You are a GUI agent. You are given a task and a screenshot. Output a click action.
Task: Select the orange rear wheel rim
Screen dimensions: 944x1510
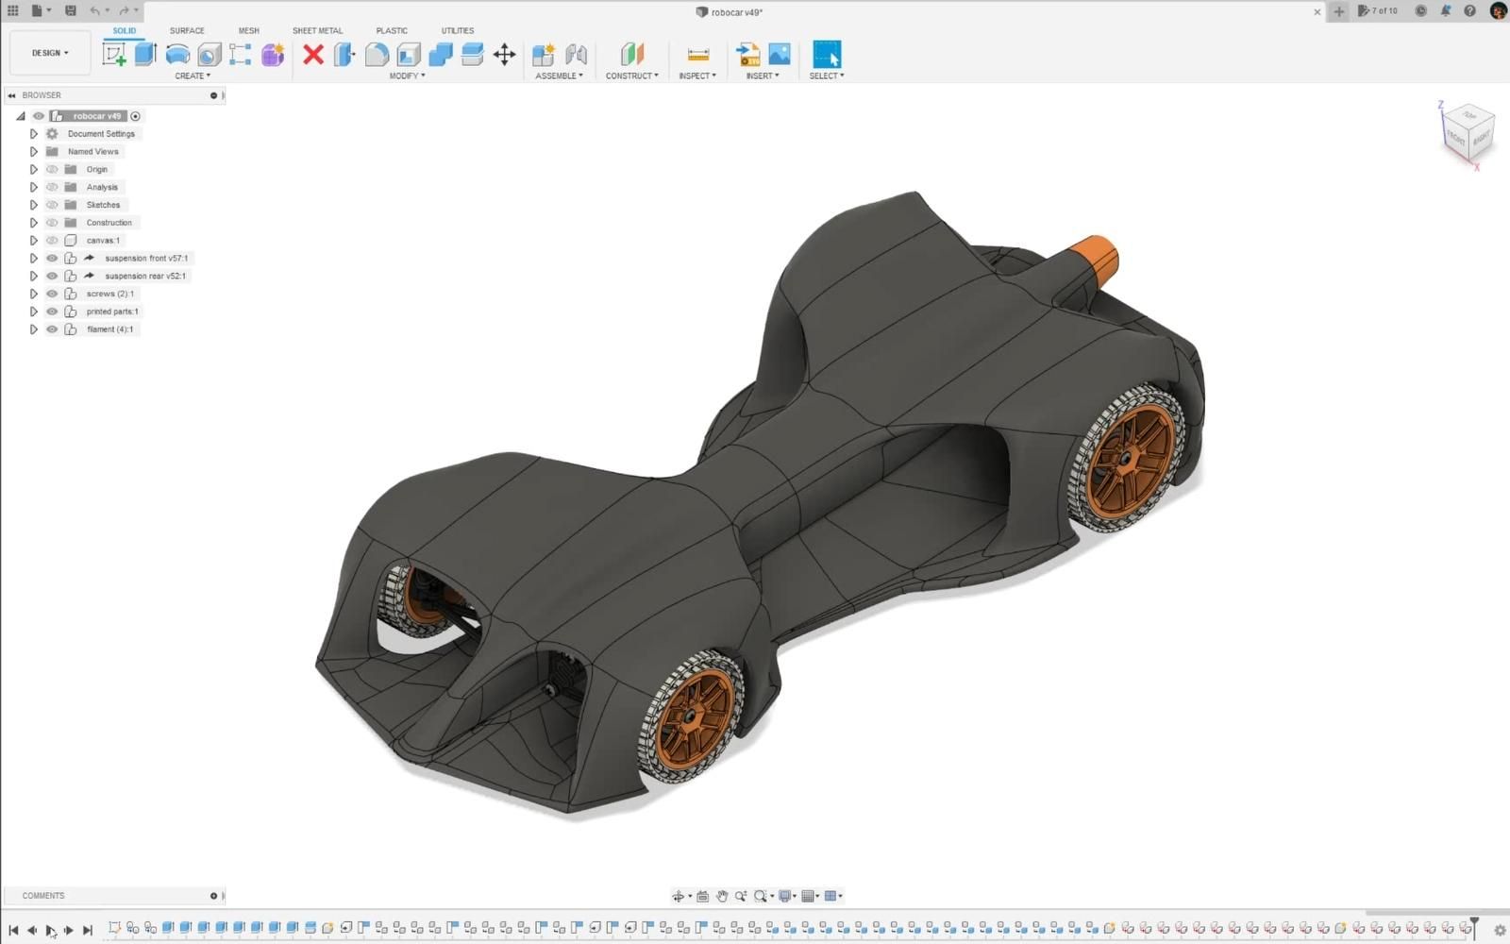coord(1130,460)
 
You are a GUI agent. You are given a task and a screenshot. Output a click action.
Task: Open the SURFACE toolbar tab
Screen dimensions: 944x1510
coord(187,30)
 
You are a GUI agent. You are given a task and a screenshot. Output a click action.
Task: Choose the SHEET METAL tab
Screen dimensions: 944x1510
coord(317,30)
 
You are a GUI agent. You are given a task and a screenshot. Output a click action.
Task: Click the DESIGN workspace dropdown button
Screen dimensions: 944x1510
coord(50,53)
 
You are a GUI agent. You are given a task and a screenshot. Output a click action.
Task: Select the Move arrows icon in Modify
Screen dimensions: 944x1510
coord(504,54)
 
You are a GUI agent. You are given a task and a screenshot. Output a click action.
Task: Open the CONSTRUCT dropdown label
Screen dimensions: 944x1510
coord(631,76)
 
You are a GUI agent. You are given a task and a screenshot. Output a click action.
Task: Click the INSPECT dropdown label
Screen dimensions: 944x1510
coord(696,76)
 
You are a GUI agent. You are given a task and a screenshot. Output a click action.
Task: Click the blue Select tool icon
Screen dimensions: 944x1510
coord(826,54)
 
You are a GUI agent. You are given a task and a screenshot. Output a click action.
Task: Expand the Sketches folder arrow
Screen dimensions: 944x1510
coord(34,205)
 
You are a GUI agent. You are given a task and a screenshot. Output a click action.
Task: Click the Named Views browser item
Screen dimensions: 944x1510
coord(92,151)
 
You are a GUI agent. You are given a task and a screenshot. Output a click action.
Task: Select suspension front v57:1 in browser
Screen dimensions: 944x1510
coord(145,258)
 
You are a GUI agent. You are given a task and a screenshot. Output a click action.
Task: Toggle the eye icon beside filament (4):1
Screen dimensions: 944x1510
coord(52,329)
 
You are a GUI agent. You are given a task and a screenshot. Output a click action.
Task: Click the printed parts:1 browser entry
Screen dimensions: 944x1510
coord(111,312)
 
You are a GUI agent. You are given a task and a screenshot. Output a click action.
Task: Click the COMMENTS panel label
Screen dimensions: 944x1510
coord(43,895)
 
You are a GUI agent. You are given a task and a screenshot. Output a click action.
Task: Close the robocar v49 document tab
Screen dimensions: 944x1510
coord(1317,12)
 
